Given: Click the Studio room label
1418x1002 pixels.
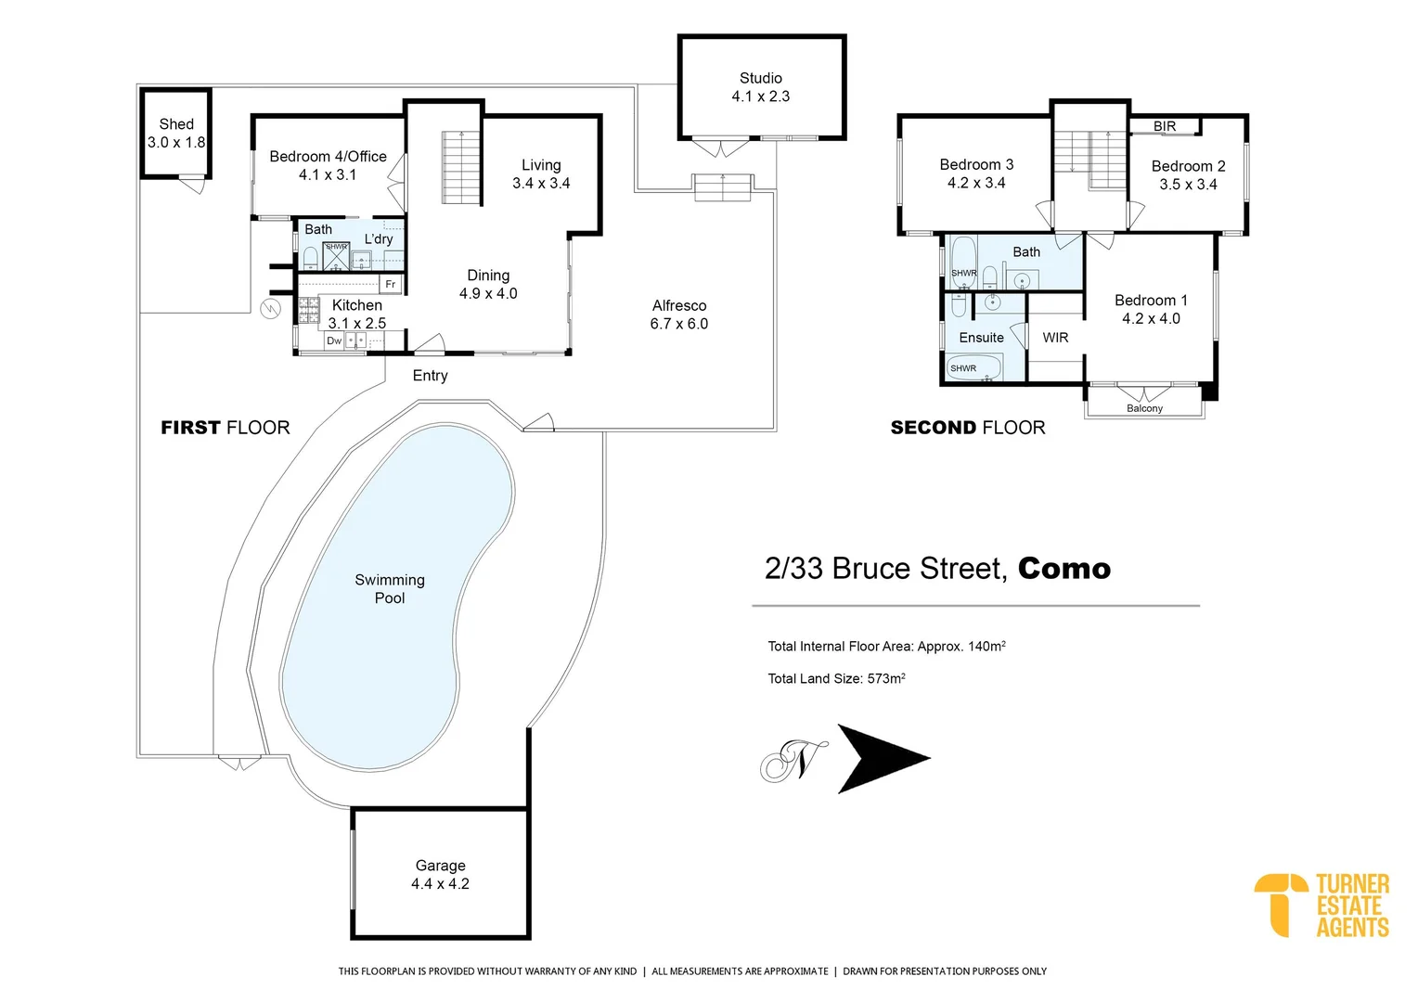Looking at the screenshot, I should [760, 79].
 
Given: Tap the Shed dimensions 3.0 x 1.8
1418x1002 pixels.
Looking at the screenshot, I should [176, 143].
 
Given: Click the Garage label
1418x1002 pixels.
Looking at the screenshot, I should [440, 866].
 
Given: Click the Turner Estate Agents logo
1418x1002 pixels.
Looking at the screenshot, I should [1321, 906].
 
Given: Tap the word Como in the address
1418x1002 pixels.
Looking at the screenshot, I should [1063, 569].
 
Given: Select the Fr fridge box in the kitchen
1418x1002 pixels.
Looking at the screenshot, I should [391, 284].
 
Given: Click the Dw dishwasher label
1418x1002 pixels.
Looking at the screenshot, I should [334, 340].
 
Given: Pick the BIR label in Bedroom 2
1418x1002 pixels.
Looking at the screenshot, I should [1165, 126].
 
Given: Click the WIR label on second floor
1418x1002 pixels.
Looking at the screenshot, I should [1055, 338].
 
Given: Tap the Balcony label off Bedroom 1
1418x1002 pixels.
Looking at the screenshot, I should [1144, 408].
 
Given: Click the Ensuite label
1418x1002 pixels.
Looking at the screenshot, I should [981, 338].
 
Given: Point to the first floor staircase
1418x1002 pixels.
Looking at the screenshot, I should [461, 168].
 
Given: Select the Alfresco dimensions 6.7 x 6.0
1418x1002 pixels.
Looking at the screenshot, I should [678, 324].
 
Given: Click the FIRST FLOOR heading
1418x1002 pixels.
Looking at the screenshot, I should [226, 428].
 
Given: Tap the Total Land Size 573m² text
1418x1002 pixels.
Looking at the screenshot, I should [836, 678].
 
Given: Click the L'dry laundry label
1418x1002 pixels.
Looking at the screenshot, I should [379, 239].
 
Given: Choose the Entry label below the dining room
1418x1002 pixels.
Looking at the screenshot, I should [430, 376].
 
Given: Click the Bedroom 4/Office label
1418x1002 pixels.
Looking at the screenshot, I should [328, 157].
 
